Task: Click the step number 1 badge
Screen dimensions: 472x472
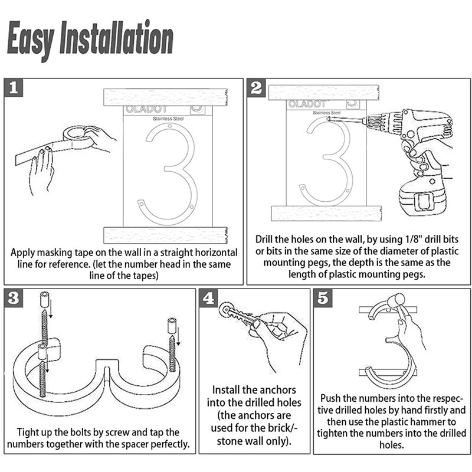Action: point(14,87)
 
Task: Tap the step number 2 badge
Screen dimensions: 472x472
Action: point(256,87)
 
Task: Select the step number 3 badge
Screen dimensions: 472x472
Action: point(14,298)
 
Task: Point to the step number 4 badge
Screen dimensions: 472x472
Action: point(208,298)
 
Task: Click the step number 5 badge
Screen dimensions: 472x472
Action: point(323,298)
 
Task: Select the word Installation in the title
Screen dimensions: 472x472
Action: point(116,37)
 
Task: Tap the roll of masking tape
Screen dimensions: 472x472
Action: point(78,137)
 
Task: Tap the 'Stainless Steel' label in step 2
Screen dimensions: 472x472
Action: point(327,113)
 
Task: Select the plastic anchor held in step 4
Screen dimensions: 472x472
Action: point(238,315)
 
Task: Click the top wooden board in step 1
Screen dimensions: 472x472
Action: point(165,97)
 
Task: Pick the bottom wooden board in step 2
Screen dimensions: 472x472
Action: point(327,214)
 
